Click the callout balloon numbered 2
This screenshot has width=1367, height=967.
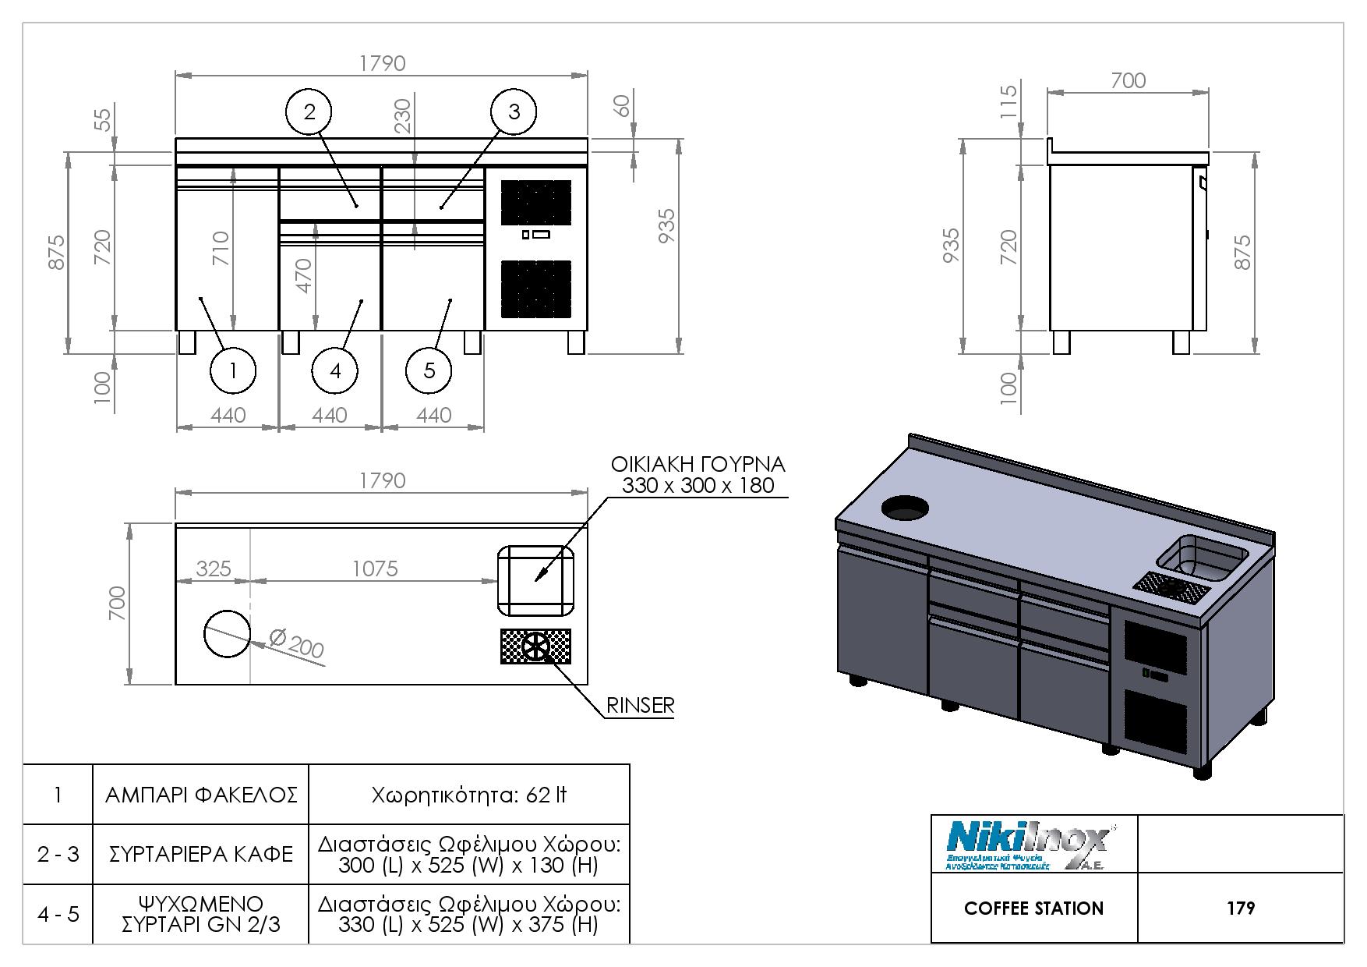(x=309, y=112)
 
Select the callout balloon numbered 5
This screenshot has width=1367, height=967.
(x=429, y=370)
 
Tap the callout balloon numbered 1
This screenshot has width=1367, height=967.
(x=233, y=370)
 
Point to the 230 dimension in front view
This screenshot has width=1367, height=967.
(x=403, y=115)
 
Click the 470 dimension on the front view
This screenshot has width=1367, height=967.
(x=304, y=275)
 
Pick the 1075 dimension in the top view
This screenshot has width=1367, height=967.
(x=375, y=569)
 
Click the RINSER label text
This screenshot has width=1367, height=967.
(x=640, y=706)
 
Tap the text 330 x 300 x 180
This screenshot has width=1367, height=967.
(x=698, y=486)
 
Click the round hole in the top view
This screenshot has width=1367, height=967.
(x=228, y=632)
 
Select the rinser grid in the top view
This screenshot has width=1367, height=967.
(x=535, y=646)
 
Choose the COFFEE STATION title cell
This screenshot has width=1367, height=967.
(x=1033, y=909)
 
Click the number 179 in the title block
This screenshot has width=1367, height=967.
(x=1240, y=909)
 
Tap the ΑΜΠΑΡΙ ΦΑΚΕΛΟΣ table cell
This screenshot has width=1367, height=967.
(x=201, y=795)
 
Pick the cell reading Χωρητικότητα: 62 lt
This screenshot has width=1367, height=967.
(x=468, y=795)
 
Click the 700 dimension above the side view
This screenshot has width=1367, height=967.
(x=1128, y=80)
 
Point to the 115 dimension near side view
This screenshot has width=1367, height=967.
(x=1008, y=101)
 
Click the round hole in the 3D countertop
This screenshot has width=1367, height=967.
(x=905, y=508)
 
